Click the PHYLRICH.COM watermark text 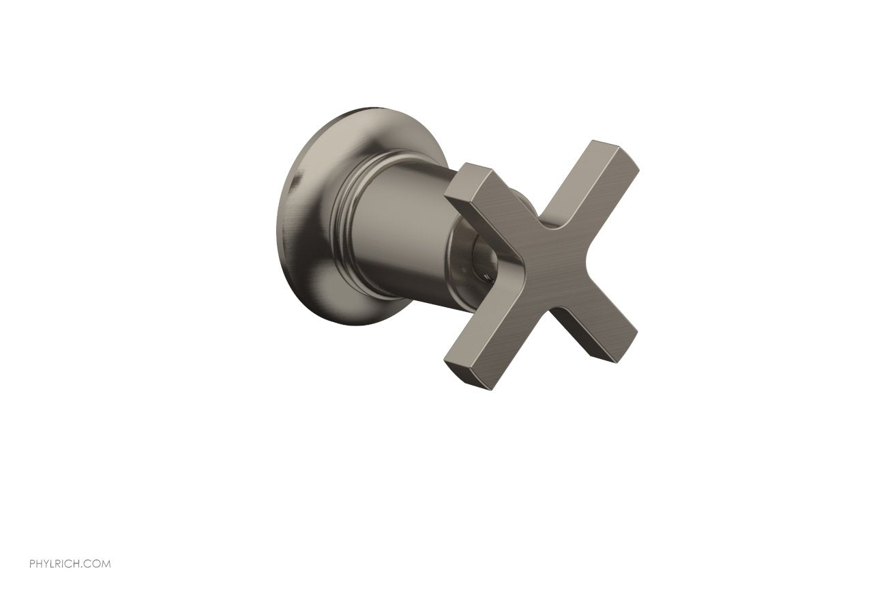point(70,564)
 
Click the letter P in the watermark point(32,564)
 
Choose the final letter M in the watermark point(106,564)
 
